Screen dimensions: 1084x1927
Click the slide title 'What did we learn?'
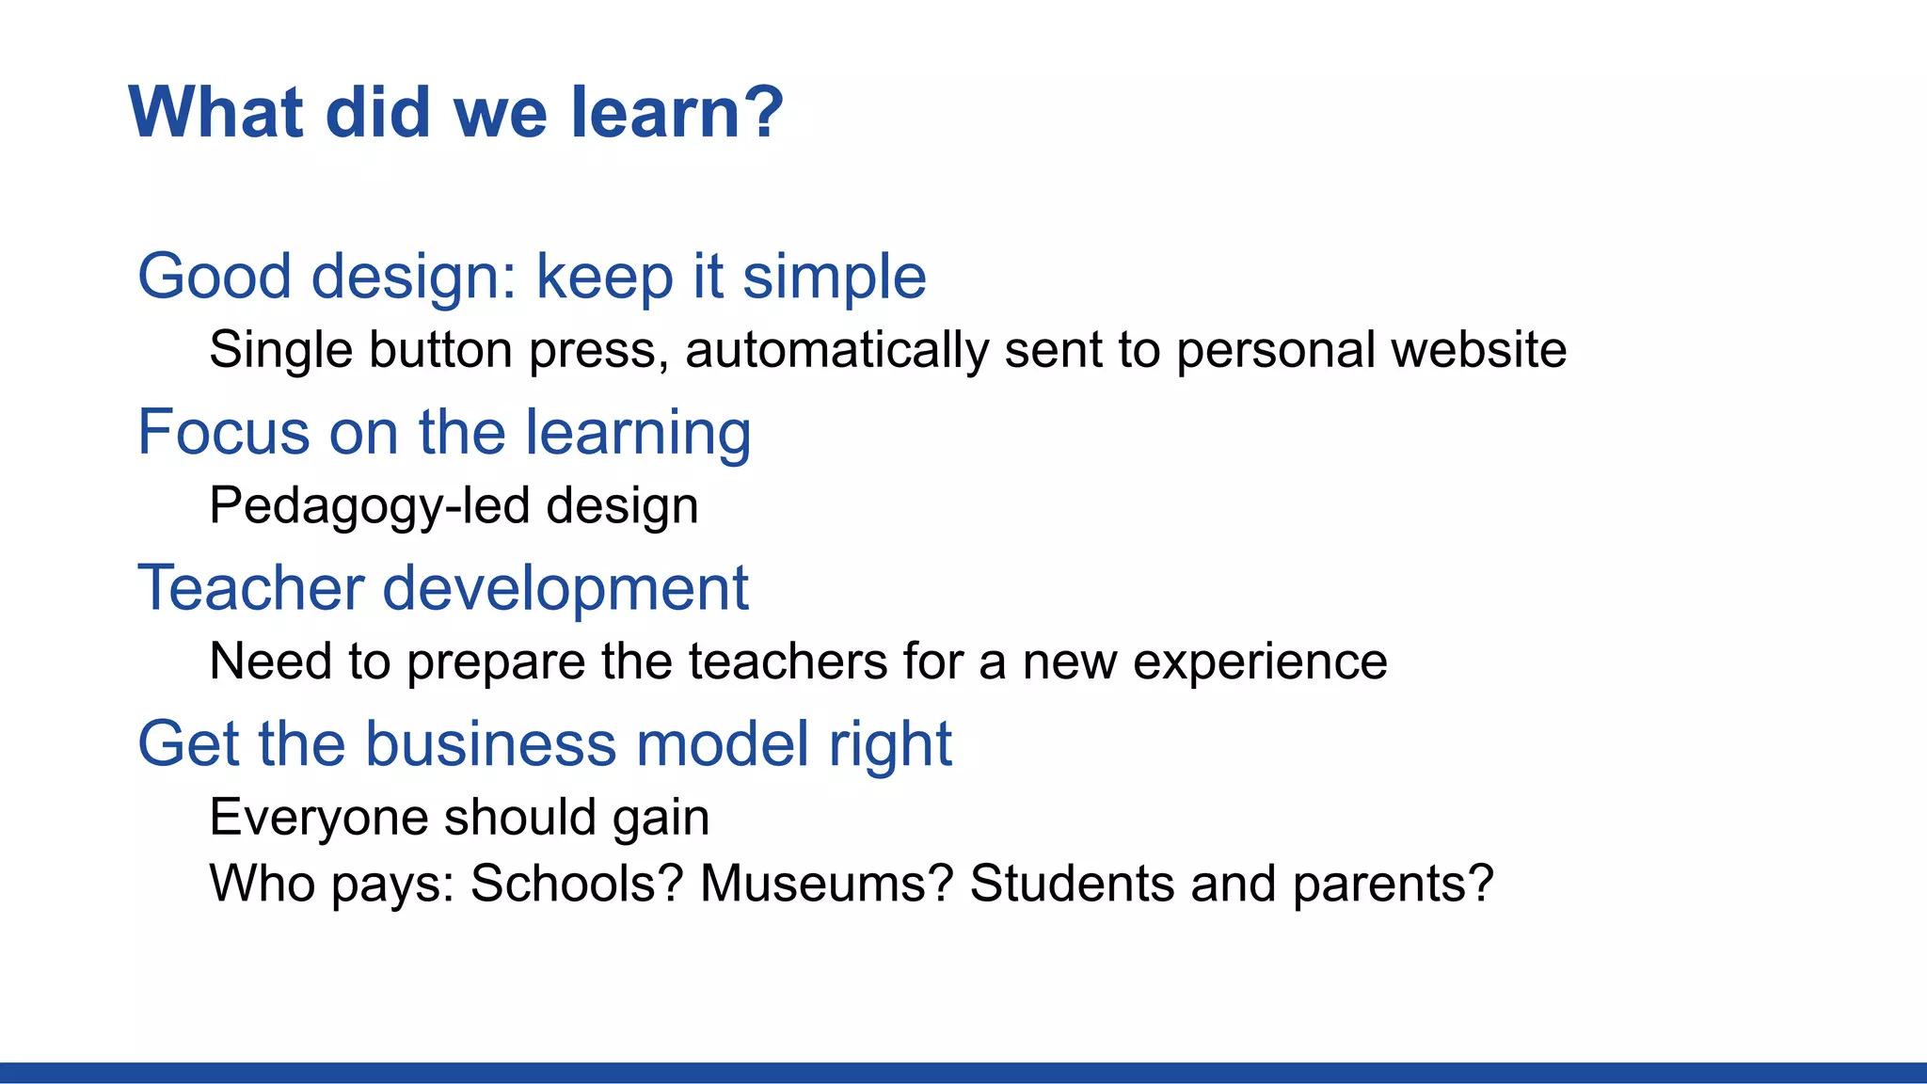(455, 113)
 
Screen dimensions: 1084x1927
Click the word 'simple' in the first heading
(834, 278)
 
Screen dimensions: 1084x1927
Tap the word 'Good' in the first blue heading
(215, 278)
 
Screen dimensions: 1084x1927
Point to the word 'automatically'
(836, 350)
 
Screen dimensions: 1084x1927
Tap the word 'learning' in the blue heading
(637, 435)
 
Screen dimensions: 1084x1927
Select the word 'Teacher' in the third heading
(250, 588)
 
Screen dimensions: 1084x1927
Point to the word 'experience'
(1260, 662)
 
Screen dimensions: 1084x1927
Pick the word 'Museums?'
(827, 884)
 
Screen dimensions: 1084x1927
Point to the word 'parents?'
(1393, 885)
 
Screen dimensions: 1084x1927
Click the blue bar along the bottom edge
(963, 1072)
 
